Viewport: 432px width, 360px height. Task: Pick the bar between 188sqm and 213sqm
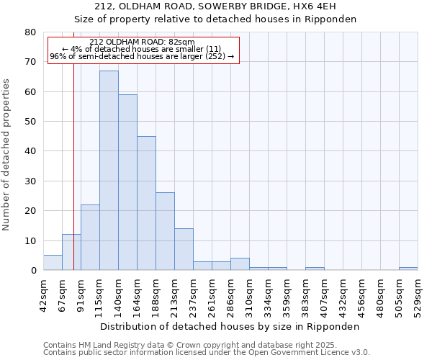[165, 231]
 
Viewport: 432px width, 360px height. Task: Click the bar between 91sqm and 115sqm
[90, 238]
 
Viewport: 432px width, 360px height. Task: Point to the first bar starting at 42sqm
[53, 263]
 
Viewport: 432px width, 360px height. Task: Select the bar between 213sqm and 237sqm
[184, 249]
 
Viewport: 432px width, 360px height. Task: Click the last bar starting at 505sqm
[408, 269]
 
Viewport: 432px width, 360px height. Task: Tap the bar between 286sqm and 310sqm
[240, 264]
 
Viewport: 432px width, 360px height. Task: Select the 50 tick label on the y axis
[30, 122]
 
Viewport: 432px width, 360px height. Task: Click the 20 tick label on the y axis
[30, 211]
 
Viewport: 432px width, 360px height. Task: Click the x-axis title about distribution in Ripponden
[229, 326]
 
